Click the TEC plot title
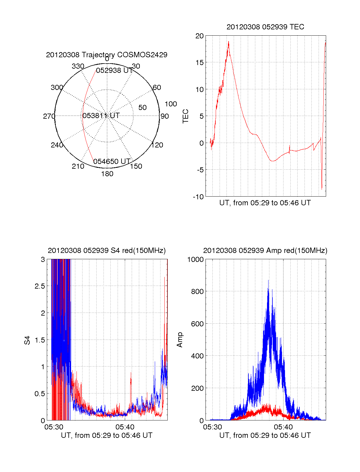click(265, 27)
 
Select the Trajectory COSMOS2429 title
click(106, 55)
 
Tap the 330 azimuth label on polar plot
click(78, 66)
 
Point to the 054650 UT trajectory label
click(112, 162)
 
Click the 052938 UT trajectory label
click(114, 70)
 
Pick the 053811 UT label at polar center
click(101, 116)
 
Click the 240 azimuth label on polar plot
click(57, 145)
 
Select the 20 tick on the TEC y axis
click(199, 36)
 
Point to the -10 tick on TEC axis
click(198, 197)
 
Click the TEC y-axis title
click(186, 116)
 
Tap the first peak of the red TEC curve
click(229, 42)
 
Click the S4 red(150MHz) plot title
click(106, 251)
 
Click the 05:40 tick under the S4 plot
click(125, 427)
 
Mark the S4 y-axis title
click(27, 340)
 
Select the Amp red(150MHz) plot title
click(265, 251)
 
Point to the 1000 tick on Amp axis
click(195, 260)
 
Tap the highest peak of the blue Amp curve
click(268, 281)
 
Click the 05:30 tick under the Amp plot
click(212, 427)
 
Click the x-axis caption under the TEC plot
click(265, 203)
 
